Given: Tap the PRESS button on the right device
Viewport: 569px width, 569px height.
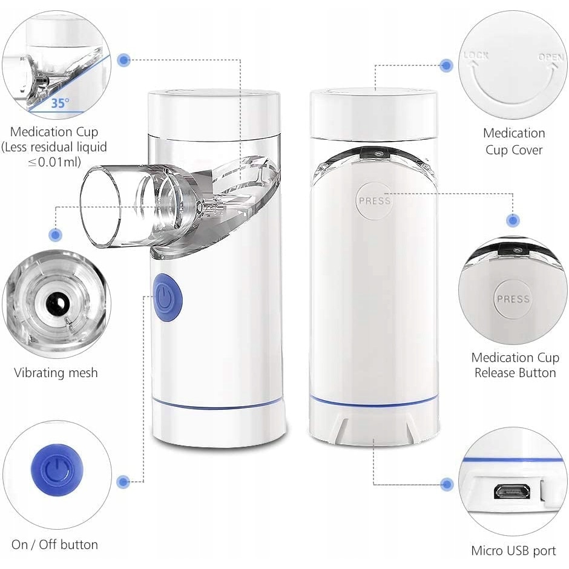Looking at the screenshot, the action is tap(373, 201).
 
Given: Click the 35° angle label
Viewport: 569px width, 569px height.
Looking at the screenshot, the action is tap(60, 103).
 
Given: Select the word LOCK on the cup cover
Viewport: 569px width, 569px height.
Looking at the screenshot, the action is tap(476, 56).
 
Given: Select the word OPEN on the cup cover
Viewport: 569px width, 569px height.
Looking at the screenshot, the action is tap(550, 58).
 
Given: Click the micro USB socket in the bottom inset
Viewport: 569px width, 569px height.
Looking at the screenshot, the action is tap(511, 492).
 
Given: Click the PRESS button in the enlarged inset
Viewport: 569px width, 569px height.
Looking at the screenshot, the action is tap(513, 298).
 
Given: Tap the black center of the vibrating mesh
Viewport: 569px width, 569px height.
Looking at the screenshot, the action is tap(56, 302).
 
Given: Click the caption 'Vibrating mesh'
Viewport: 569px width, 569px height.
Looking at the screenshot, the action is tap(56, 373).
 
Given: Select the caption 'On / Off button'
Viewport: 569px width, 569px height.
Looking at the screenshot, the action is tap(55, 544).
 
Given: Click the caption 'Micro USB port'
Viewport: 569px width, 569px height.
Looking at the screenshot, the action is tap(513, 550).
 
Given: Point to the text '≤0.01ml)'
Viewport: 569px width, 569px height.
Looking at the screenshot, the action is tap(54, 162).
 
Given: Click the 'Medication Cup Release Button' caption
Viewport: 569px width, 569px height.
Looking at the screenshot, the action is tap(515, 365).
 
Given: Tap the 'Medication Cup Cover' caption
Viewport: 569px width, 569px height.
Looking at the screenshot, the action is tap(514, 142).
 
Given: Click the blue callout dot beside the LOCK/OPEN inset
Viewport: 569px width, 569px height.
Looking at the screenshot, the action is tap(446, 66).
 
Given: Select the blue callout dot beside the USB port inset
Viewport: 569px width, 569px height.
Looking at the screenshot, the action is tap(447, 484).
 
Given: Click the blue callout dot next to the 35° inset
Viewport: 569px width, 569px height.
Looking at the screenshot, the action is tap(124, 61).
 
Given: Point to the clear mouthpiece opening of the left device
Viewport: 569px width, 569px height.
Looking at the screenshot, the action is tap(100, 208).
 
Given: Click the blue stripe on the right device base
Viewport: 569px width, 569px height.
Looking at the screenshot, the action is tap(373, 402).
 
